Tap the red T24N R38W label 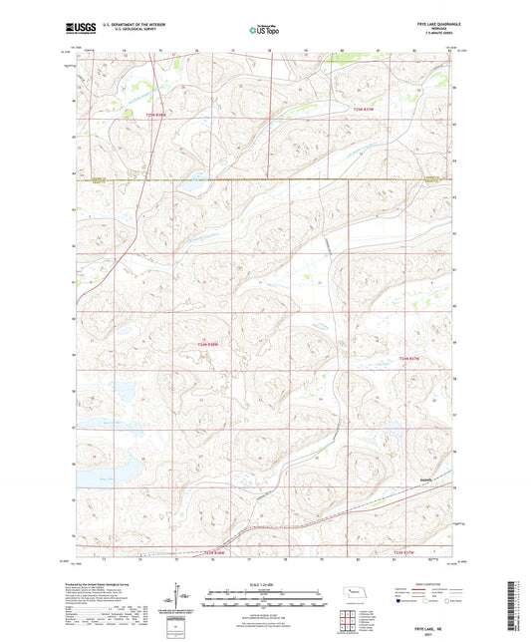pos(207,345)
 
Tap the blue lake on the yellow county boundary pos(190,186)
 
